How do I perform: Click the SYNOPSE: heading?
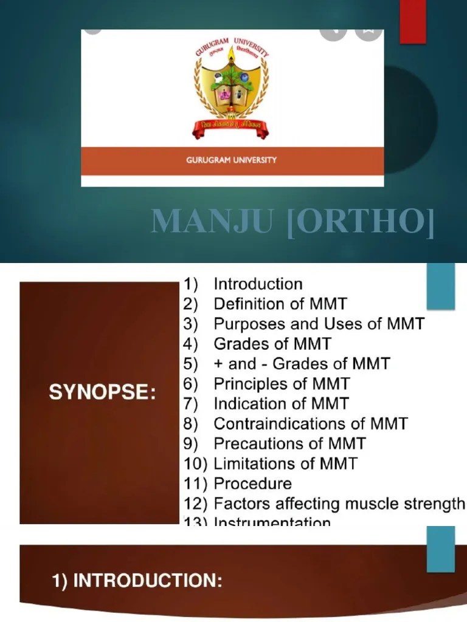pos(102,392)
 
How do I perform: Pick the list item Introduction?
pos(258,284)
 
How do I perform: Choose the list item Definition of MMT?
pos(280,304)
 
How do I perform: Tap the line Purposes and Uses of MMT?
pos(319,324)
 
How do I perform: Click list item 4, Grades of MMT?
pos(272,344)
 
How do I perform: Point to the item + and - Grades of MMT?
pos(302,364)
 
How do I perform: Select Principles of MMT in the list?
pos(282,384)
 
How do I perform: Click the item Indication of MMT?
pos(282,404)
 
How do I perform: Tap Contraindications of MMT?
pos(311,424)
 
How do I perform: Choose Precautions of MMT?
pos(289,444)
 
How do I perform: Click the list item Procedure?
pos(252,484)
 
